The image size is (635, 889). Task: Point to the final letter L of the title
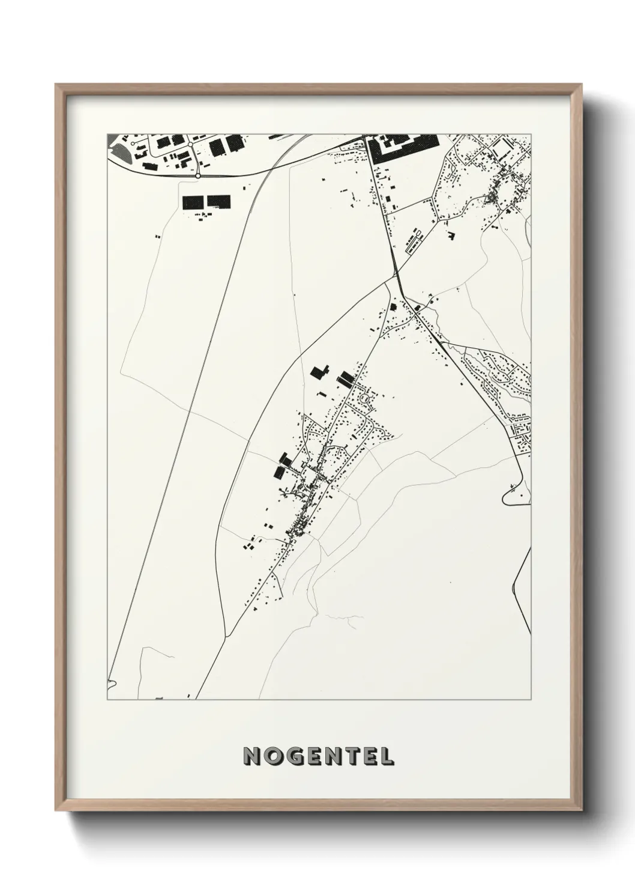click(386, 756)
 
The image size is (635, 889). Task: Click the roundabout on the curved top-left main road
click(197, 176)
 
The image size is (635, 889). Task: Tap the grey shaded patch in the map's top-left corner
click(118, 147)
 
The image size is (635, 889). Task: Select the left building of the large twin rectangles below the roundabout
click(193, 202)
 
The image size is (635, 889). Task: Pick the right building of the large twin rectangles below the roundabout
click(218, 202)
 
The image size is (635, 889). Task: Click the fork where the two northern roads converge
click(397, 276)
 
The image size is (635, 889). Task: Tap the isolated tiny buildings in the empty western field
click(158, 237)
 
